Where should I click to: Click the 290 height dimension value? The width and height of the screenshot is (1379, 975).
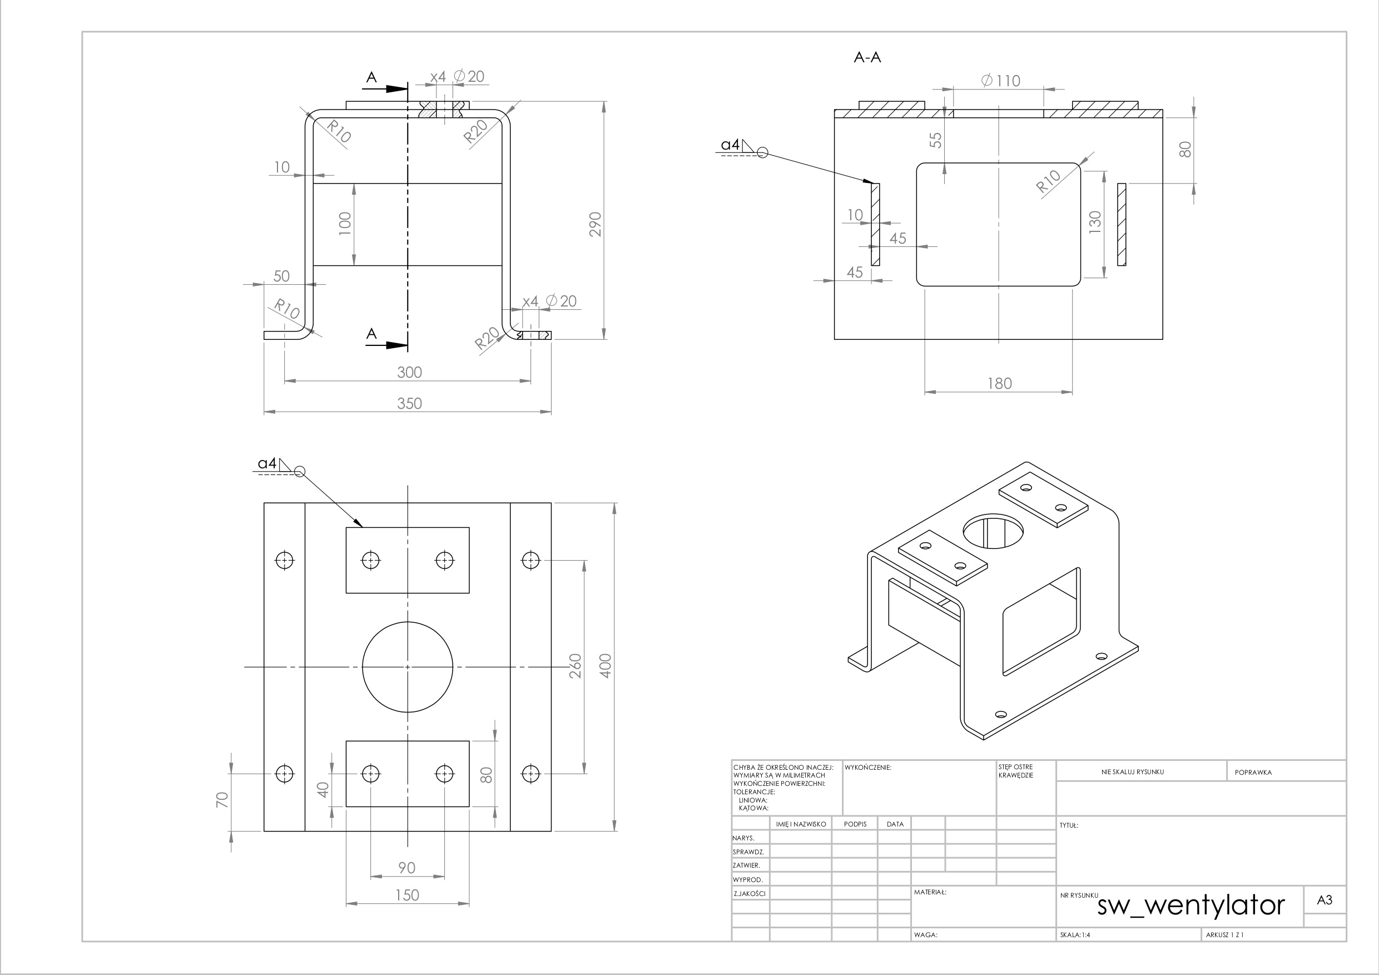coord(595,224)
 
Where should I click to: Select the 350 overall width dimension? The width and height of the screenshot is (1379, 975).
coord(410,403)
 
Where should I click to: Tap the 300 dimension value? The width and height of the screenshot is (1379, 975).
coord(410,372)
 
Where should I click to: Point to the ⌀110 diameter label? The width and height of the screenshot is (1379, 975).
coord(1001,81)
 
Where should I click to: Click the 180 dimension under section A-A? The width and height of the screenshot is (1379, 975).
coord(999,383)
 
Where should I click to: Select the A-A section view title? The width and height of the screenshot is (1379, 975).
coord(867,58)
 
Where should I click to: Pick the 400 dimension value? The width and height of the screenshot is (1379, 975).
coord(606,666)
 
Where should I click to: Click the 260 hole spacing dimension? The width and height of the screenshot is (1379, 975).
coord(576,666)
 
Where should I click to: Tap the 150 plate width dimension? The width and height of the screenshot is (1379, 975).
coord(407,895)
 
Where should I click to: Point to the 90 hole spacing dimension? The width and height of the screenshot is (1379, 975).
coord(407,868)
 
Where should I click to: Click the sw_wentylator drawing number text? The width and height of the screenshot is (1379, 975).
coord(1191,905)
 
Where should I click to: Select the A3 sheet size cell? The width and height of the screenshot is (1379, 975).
coord(1325,900)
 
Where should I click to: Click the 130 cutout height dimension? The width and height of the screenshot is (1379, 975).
coord(1095,222)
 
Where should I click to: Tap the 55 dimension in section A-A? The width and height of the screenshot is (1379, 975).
coord(936,140)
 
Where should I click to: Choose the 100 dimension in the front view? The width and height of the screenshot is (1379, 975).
coord(345,224)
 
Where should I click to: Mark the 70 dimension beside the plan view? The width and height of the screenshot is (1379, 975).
coord(222,800)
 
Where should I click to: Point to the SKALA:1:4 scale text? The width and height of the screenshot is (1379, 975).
coord(1075,935)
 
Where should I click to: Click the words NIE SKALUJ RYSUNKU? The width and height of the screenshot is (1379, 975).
coord(1133,772)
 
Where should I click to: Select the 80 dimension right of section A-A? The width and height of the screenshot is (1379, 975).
coord(1185,149)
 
